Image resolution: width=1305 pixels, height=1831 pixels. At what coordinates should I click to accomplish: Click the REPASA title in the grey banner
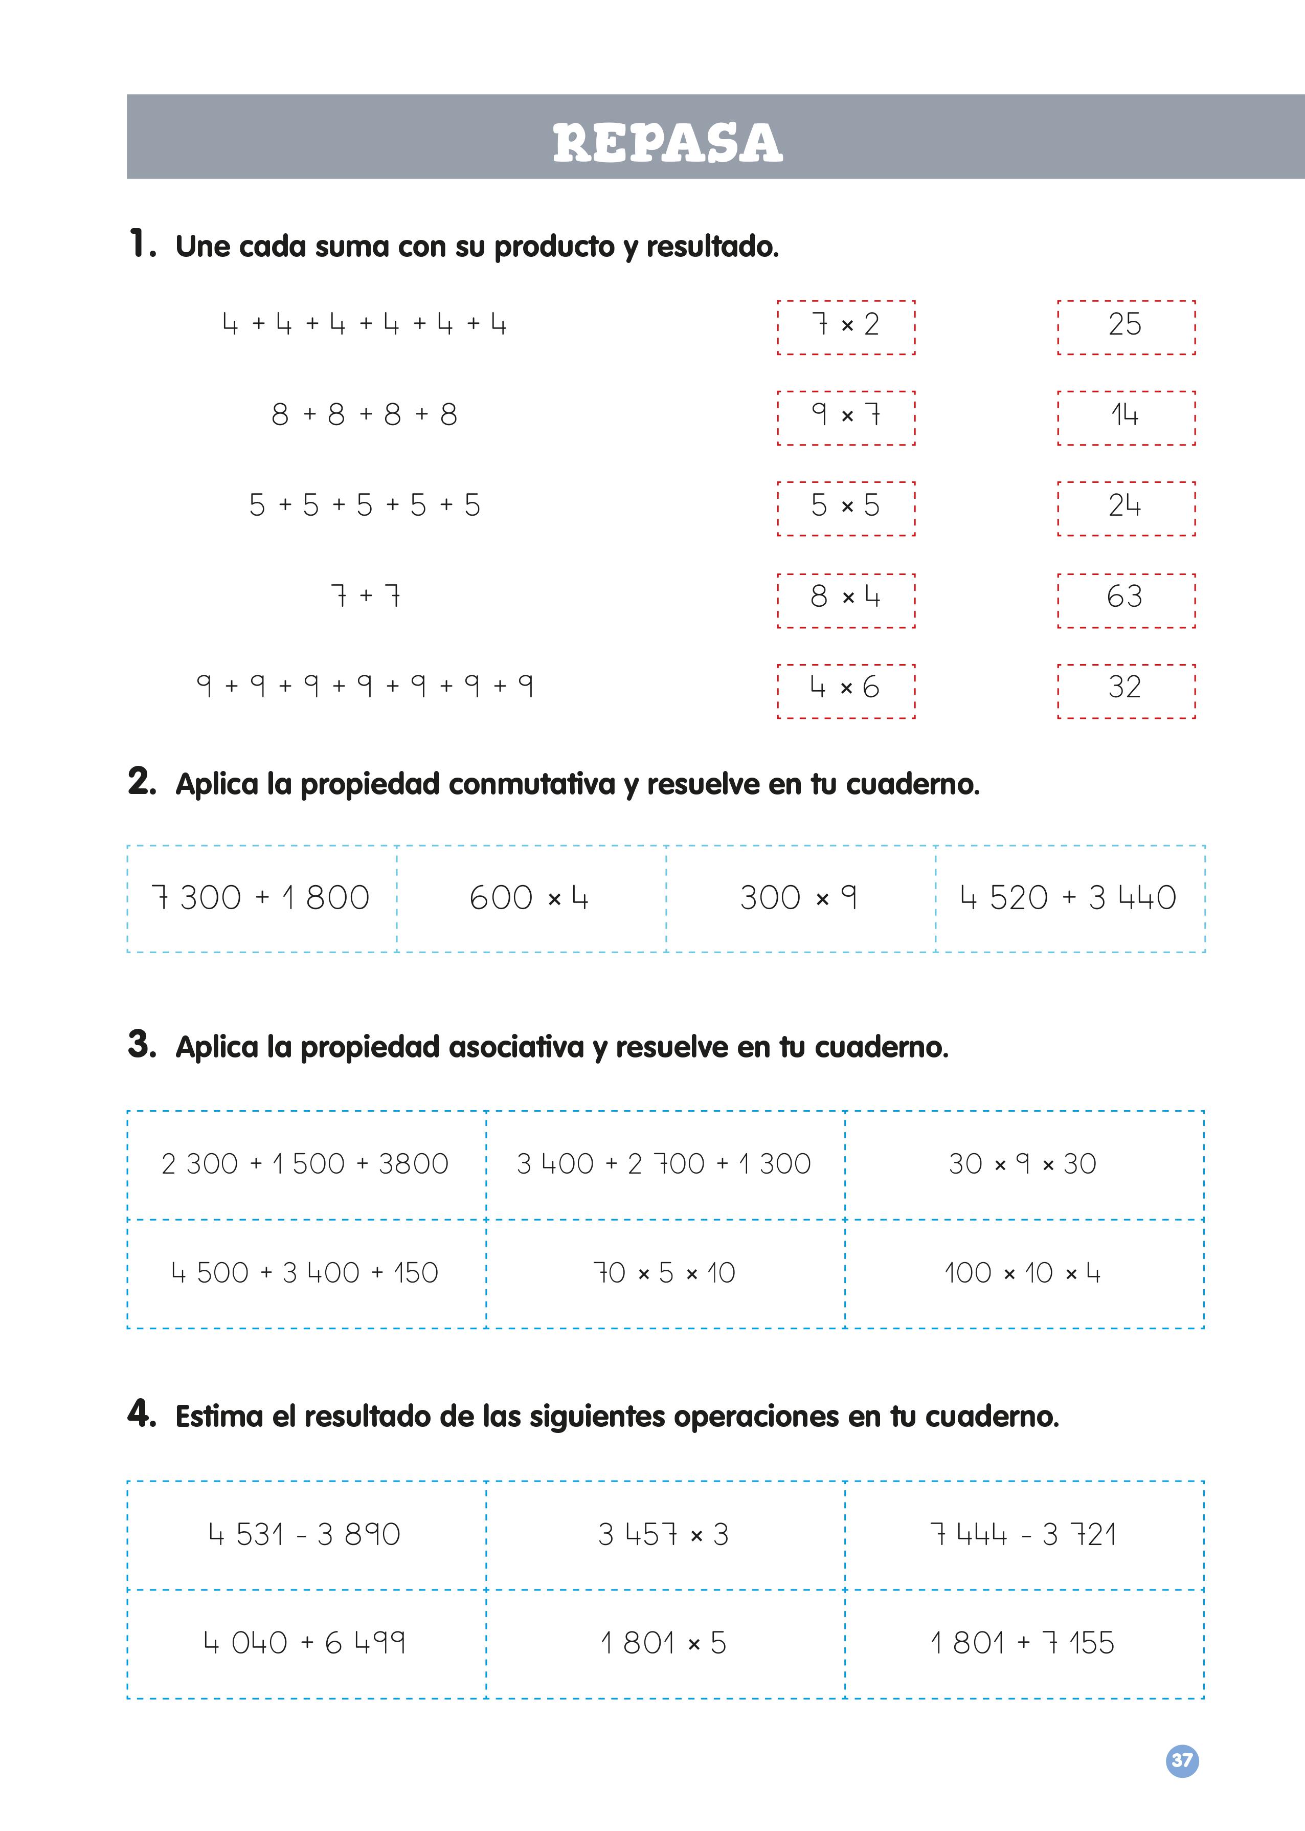point(667,143)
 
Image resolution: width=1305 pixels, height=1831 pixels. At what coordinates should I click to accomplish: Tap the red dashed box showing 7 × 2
point(846,327)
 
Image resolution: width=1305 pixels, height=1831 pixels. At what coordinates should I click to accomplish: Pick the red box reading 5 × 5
point(846,508)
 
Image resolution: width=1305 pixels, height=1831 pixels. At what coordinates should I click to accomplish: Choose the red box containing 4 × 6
point(846,691)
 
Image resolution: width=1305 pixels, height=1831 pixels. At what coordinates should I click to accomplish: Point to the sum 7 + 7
point(366,595)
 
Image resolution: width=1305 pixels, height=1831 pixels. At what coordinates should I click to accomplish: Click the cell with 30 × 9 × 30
point(1023,1164)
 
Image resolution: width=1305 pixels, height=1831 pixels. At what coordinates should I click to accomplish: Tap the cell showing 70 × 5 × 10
point(665,1273)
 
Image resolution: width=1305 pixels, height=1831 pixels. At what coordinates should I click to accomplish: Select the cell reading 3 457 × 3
point(665,1535)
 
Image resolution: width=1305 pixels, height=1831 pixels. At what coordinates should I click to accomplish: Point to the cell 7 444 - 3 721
point(1023,1535)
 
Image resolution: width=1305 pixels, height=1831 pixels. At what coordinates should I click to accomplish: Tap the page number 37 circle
point(1181,1761)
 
